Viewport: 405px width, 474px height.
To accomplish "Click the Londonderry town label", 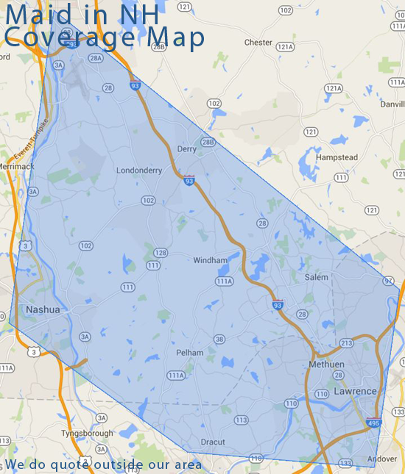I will [138, 170].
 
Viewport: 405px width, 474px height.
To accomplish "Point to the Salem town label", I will [317, 277].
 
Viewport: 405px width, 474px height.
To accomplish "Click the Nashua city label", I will [42, 309].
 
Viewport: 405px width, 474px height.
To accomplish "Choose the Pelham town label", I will [189, 353].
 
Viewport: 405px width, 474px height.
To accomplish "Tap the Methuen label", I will [326, 365].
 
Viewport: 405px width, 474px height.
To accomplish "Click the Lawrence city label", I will [355, 391].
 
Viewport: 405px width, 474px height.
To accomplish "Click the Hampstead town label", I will [337, 158].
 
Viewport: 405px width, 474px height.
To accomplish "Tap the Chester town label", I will [258, 43].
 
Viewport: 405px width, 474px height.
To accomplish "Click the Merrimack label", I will [17, 166].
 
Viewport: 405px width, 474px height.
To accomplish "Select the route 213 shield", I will [347, 343].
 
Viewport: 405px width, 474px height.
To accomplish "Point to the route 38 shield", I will [219, 339].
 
